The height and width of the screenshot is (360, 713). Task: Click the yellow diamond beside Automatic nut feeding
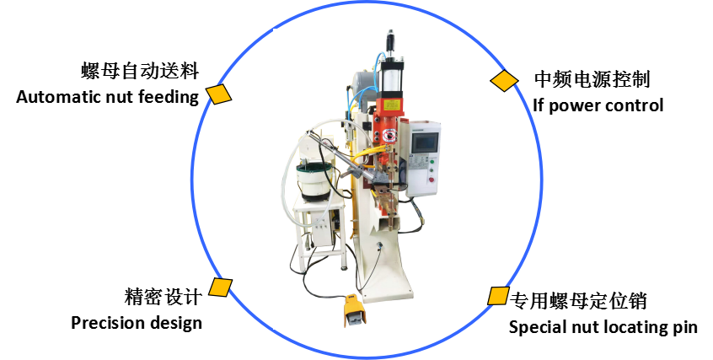[220, 94]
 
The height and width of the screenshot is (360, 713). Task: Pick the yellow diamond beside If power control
[504, 81]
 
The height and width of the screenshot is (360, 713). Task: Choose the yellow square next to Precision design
[221, 287]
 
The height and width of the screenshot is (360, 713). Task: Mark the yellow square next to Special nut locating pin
[497, 296]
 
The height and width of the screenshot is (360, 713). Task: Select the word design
[174, 323]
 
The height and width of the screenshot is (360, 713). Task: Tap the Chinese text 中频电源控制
[592, 80]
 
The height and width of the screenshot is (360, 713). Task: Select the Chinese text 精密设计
[163, 297]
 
